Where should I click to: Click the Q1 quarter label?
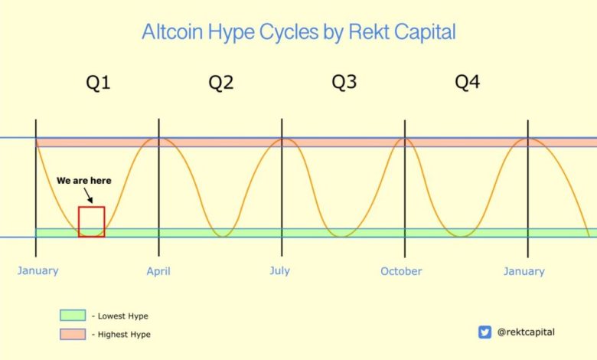[98, 83]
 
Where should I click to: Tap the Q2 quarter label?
[221, 83]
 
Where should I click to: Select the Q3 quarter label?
[344, 82]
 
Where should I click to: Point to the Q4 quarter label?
[468, 82]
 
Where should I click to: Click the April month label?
[158, 272]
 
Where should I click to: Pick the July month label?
[280, 271]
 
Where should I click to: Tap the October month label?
[401, 271]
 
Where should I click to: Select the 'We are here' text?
[84, 181]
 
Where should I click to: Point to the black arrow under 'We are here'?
[88, 195]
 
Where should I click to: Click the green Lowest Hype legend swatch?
[73, 316]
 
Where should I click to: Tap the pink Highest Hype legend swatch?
[73, 334]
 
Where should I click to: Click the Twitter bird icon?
[484, 332]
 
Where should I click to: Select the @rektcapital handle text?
[526, 332]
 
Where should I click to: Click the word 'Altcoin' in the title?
[172, 31]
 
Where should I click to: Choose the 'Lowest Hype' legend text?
[123, 316]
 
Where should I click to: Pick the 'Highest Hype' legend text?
[124, 335]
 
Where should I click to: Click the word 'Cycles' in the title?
[289, 32]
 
